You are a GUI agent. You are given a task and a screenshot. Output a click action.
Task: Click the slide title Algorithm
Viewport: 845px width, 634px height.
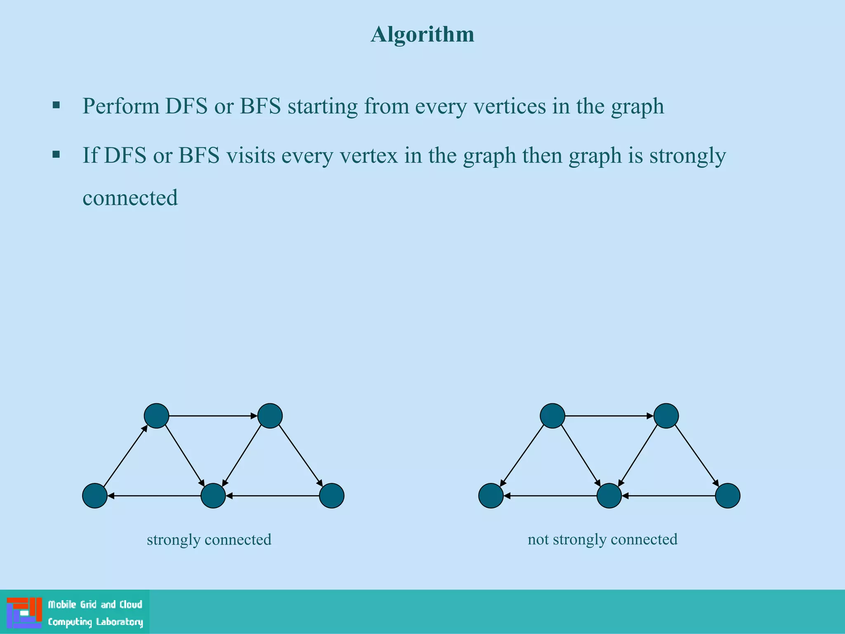pyautogui.click(x=422, y=34)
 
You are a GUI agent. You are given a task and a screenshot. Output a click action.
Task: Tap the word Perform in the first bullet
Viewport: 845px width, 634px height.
pyautogui.click(x=121, y=106)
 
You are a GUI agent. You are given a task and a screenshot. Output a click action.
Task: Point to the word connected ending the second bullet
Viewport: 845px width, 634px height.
pyautogui.click(x=130, y=198)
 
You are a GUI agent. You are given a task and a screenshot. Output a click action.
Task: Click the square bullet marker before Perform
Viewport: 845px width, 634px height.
pyautogui.click(x=57, y=105)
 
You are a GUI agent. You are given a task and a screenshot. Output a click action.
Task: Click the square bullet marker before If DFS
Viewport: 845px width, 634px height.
pyautogui.click(x=57, y=155)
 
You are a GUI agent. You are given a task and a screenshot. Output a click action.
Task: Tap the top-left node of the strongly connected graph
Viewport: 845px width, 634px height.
pyautogui.click(x=156, y=416)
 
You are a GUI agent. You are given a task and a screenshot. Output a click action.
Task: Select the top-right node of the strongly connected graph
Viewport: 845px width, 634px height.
pyautogui.click(x=270, y=416)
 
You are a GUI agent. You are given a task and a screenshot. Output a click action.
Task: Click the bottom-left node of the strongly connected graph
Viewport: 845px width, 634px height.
pyautogui.click(x=95, y=495)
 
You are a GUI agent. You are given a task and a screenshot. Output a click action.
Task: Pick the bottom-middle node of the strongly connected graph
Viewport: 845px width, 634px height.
pyautogui.click(x=213, y=495)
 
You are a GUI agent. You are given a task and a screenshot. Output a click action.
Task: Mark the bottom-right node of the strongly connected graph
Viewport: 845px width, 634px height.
pyautogui.click(x=332, y=495)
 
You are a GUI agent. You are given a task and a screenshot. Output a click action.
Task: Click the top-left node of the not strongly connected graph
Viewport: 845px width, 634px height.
pyautogui.click(x=552, y=416)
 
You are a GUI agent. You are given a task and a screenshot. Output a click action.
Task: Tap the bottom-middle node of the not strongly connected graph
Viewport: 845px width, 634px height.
pyautogui.click(x=609, y=495)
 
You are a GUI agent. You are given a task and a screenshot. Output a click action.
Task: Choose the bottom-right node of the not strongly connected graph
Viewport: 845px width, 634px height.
pyautogui.click(x=727, y=495)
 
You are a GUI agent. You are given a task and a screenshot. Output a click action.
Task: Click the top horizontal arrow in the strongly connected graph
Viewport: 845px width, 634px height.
pyautogui.click(x=213, y=416)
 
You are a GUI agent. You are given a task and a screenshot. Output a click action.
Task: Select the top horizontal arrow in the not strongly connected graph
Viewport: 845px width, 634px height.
pyautogui.click(x=609, y=416)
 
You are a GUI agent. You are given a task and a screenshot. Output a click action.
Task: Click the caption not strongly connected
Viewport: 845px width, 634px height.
pyautogui.click(x=602, y=539)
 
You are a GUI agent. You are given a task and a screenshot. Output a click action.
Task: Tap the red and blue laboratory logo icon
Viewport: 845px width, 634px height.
pyautogui.click(x=24, y=613)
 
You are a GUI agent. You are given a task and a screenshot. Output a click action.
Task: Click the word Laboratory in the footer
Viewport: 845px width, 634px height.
pyautogui.click(x=119, y=622)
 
